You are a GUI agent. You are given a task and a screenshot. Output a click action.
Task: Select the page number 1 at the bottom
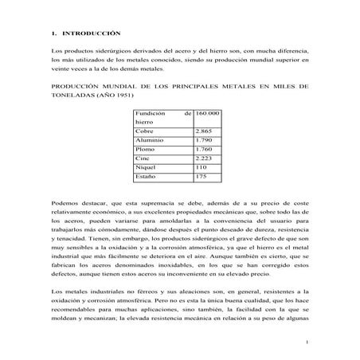306,343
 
